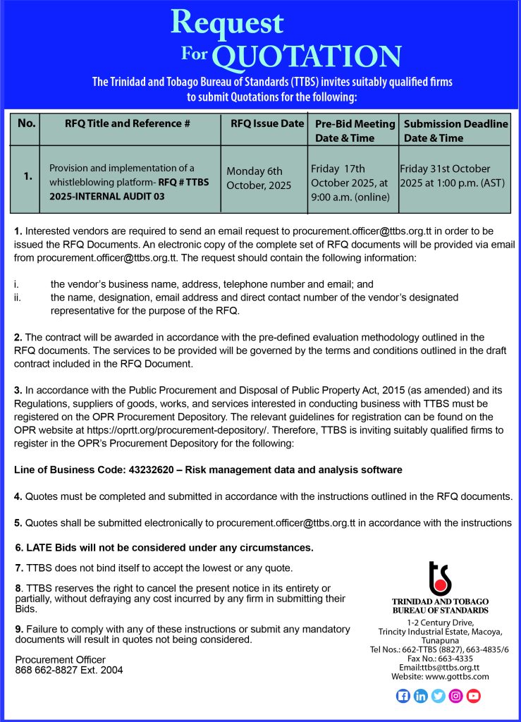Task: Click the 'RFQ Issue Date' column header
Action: [267, 123]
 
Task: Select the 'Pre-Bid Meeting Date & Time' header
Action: [355, 130]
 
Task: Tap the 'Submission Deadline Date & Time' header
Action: [455, 130]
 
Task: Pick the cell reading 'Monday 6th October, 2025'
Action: [255, 178]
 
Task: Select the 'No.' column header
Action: [27, 123]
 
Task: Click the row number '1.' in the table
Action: [27, 177]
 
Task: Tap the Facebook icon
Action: [403, 696]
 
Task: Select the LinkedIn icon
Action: [421, 696]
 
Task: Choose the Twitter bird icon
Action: [439, 696]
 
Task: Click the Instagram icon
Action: [456, 696]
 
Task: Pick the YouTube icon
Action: [474, 696]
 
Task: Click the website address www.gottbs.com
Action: [458, 677]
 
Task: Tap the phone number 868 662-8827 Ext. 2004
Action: [69, 671]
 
